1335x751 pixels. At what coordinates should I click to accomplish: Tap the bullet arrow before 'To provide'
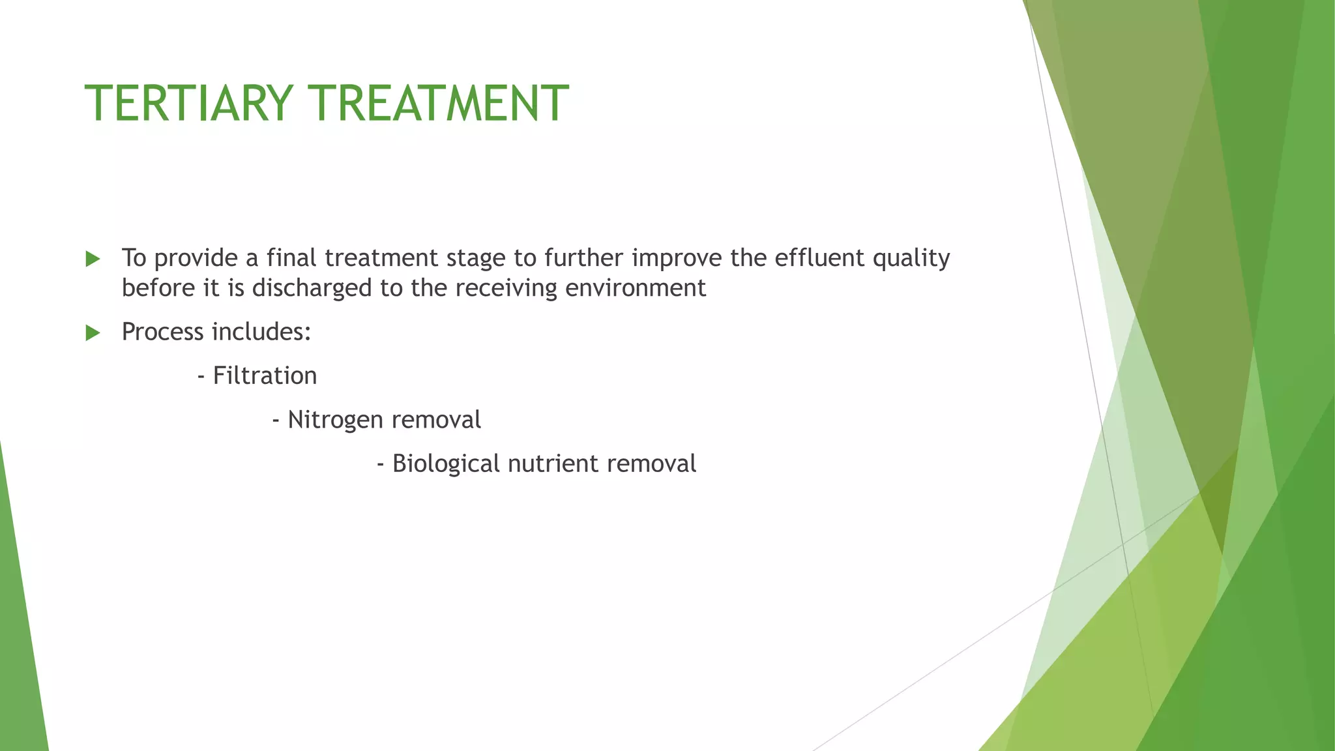tap(93, 259)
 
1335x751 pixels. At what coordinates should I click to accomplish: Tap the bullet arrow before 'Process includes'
tap(93, 333)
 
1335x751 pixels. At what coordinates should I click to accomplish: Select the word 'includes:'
tap(261, 332)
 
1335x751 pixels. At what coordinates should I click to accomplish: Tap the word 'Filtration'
tap(265, 376)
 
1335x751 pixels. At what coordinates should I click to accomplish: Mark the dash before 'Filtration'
tap(201, 377)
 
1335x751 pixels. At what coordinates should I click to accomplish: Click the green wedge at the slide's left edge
tap(20, 652)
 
